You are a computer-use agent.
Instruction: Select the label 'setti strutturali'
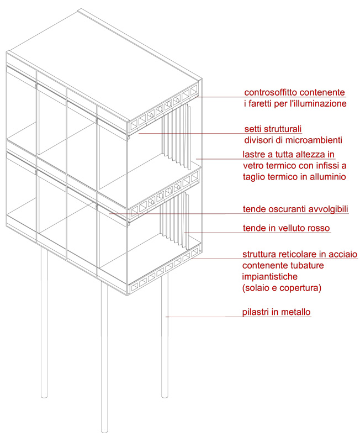[273, 129]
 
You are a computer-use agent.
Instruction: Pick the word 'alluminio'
[328, 177]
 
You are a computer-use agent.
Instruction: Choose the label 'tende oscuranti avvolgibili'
[295, 209]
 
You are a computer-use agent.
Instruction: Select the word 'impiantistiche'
[270, 277]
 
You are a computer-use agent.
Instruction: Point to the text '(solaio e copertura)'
[282, 288]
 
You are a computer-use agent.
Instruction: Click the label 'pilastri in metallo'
[276, 312]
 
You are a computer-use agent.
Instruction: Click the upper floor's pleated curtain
[176, 136]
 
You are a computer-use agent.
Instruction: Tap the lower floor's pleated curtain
[174, 222]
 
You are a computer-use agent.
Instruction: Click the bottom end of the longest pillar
[104, 430]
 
